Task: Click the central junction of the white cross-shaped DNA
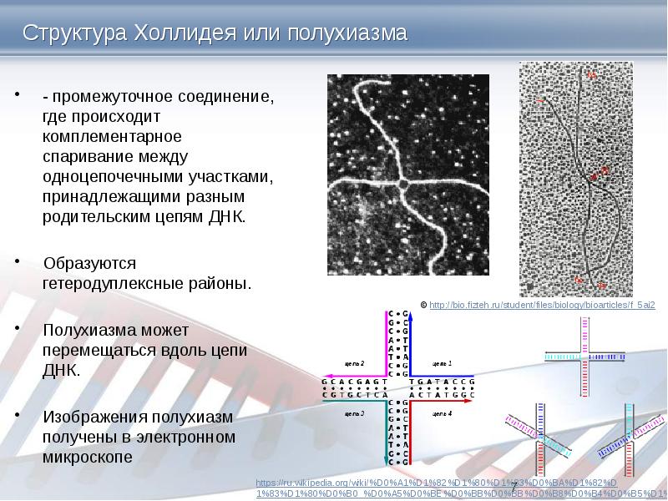402,182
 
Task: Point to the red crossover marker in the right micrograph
595,175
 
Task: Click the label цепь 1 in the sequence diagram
442,364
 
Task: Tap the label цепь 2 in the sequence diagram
356,364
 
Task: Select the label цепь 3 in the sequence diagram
356,413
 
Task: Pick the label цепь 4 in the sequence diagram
442,413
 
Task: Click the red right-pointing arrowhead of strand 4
471,401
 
